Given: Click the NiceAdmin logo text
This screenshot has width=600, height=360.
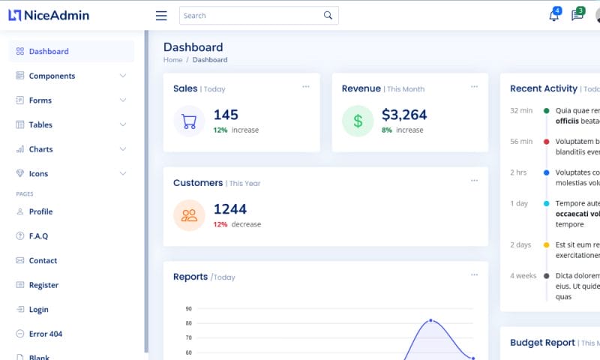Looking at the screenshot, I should pos(56,15).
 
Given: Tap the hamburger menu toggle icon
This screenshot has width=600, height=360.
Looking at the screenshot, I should pos(160,16).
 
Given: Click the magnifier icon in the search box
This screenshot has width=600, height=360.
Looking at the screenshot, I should pos(328,16).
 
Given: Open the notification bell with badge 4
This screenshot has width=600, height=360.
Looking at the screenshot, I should pos(553,16).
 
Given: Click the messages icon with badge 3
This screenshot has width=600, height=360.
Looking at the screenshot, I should pos(577,16).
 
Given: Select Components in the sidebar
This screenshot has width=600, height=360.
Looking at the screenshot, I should pos(52,76).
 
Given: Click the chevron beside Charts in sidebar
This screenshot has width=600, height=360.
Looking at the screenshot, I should pos(123,149).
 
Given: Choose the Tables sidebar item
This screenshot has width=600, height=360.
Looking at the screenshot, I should pos(40,124).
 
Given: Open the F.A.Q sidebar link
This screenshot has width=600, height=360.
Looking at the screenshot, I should pos(38,236).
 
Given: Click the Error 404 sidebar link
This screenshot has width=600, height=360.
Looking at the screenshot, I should pos(45,334).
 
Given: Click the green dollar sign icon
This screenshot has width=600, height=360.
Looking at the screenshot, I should pos(358,121).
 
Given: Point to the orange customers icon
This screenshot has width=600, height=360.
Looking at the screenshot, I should pos(189,215).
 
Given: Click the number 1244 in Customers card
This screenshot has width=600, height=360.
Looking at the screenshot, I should pos(229,209).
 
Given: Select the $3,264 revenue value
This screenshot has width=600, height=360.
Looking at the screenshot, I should pos(404,115).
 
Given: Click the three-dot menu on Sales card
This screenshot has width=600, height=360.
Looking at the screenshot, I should pos(306,87).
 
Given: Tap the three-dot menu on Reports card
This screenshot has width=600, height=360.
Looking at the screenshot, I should pos(474,275).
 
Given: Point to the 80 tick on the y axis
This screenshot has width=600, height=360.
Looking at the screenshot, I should pos(189,323).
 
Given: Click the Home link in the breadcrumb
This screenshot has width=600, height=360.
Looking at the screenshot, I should pos(172,60).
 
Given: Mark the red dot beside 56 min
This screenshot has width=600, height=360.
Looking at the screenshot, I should pos(546,141).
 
